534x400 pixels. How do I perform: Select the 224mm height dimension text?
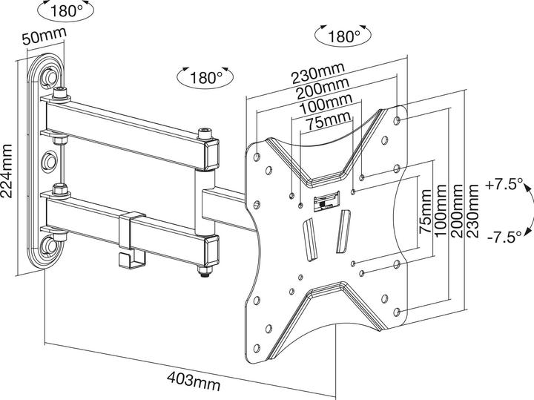8,171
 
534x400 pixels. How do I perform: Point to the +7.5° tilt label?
505,183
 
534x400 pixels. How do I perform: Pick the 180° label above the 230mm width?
343,35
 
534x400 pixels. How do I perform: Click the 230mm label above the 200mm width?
317,74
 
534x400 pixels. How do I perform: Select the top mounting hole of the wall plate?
50,75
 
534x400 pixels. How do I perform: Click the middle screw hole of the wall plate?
50,160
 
